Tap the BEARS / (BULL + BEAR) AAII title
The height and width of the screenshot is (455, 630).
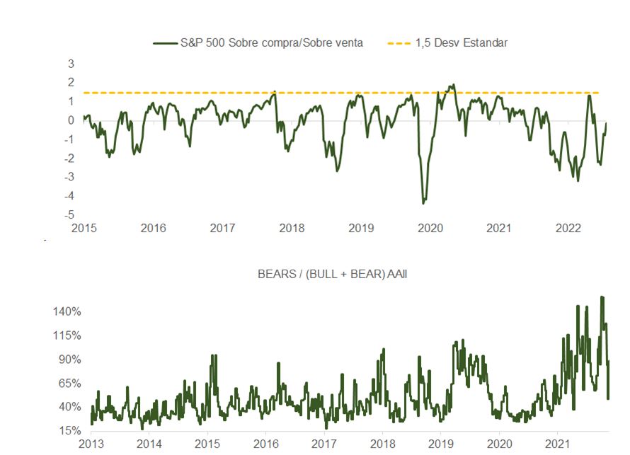point(333,275)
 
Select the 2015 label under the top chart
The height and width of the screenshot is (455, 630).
point(84,228)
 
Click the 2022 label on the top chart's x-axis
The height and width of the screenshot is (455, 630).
point(568,228)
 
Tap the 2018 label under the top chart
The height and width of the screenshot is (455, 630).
point(292,228)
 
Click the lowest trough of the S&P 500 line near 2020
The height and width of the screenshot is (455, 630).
point(423,203)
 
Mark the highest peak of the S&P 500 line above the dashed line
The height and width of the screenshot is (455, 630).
point(452,85)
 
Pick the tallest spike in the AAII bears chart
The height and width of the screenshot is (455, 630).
point(602,297)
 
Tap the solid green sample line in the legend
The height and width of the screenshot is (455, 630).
point(167,42)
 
